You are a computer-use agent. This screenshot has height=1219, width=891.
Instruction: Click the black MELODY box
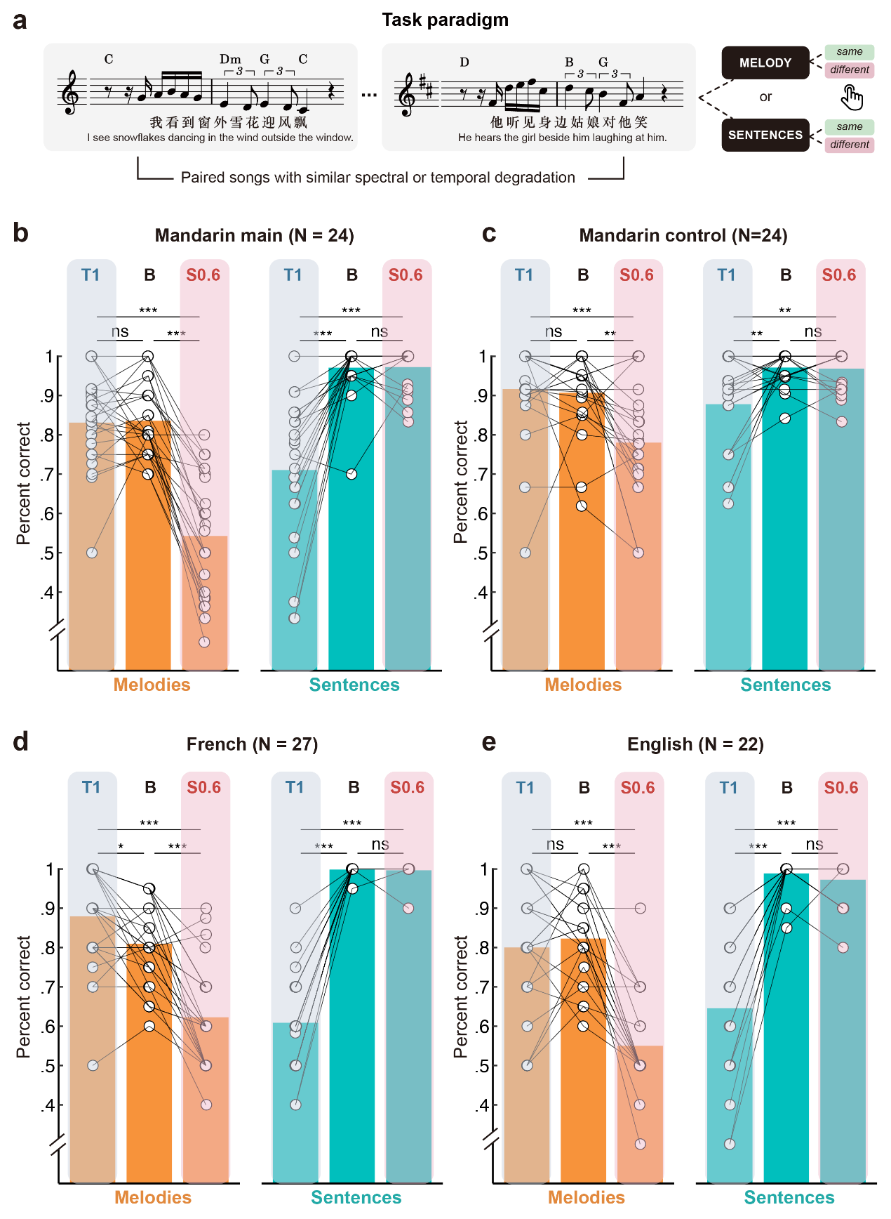765,63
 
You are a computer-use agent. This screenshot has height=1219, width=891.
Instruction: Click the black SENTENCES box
765,135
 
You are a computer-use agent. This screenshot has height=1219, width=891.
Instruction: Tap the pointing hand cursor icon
852,98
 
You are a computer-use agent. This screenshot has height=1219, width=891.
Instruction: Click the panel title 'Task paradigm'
445,20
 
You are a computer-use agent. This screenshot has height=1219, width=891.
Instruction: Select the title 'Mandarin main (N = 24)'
254,235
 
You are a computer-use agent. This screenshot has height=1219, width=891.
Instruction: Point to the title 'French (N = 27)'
252,744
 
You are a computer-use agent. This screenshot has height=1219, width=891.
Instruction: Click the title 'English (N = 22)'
695,744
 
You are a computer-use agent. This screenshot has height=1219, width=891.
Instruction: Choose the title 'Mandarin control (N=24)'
683,235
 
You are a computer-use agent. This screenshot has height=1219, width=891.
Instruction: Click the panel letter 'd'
21,742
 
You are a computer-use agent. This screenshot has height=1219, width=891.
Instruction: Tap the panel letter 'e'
489,742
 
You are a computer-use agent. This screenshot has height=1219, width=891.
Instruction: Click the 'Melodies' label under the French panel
153,1197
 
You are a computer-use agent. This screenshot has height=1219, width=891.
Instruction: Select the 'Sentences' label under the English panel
789,1197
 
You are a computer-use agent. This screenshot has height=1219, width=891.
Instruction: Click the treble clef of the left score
71,93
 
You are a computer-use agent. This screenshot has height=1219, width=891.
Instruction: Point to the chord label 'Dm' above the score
230,60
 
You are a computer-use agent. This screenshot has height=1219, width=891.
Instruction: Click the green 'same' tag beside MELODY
849,52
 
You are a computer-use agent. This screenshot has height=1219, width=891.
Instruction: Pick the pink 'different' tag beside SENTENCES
849,145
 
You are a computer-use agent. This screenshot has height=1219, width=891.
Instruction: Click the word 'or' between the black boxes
765,97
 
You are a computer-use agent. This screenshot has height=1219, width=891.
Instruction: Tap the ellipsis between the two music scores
369,95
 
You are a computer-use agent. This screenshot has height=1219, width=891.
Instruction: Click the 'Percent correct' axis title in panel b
24,483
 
